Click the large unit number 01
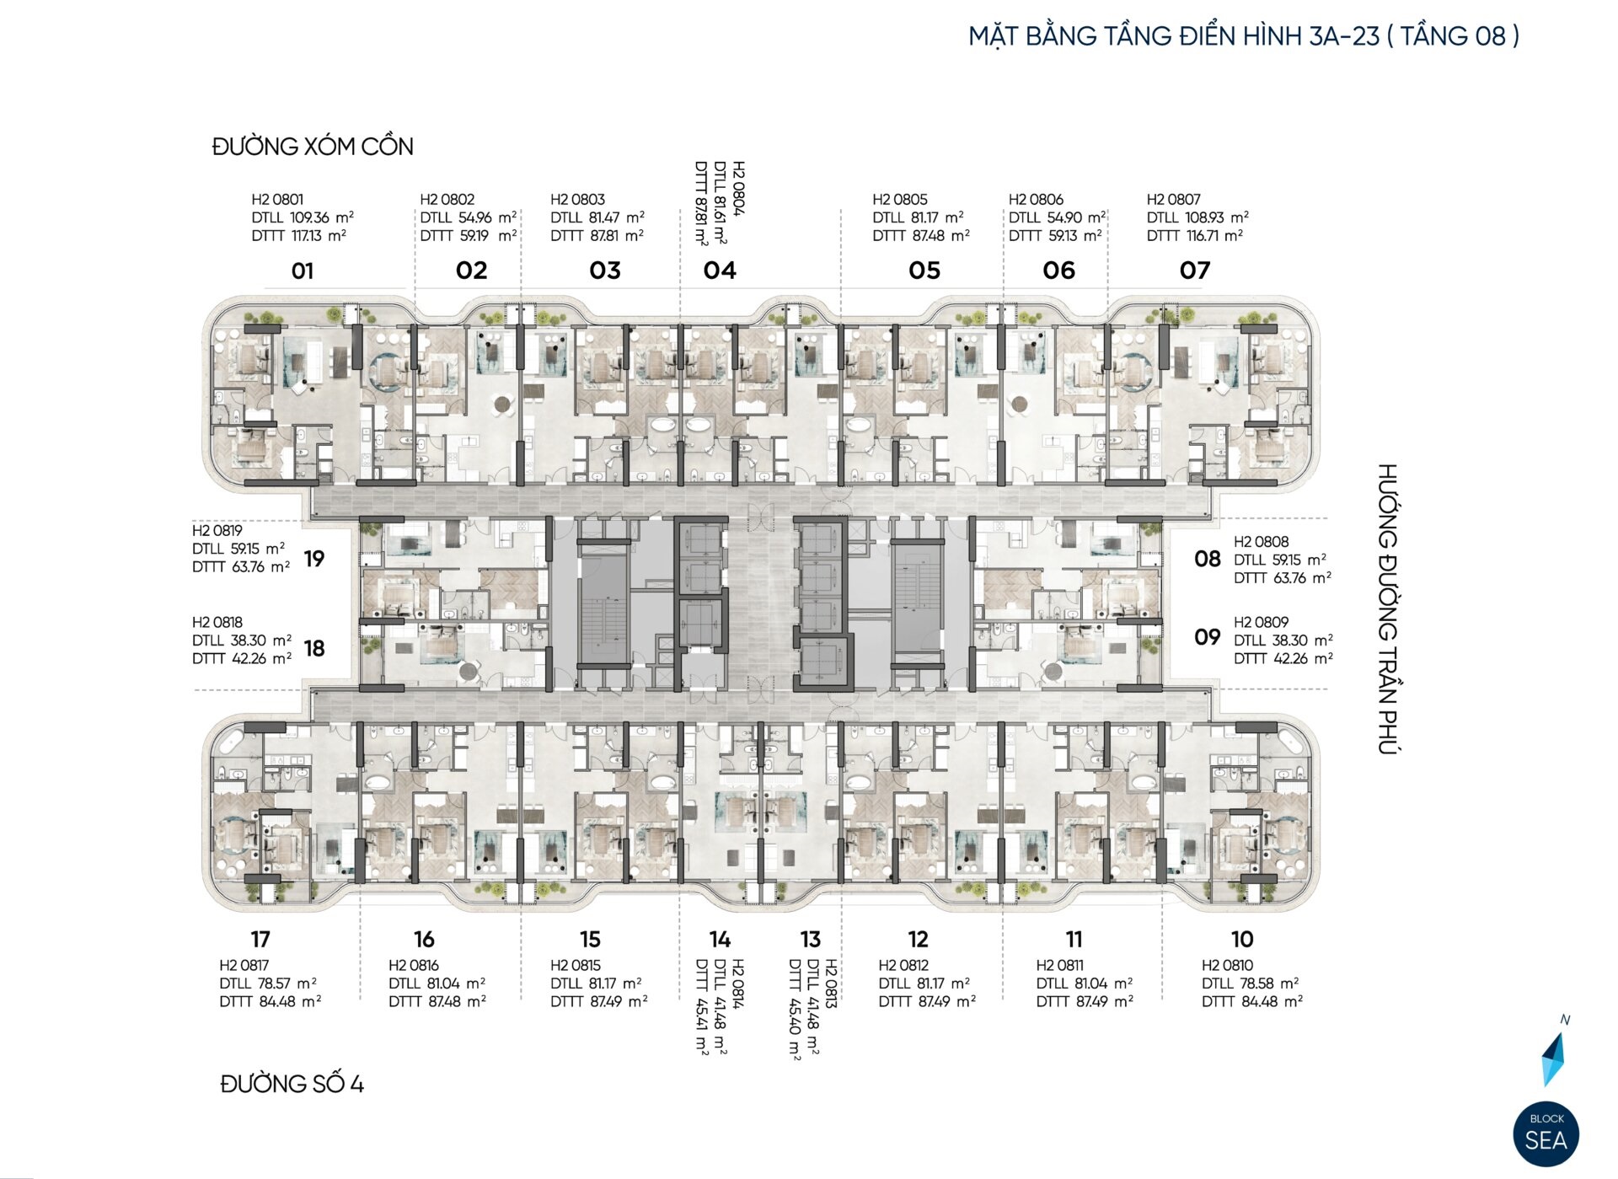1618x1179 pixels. tap(303, 271)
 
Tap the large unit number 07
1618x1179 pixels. tap(1195, 271)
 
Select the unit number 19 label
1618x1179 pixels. tap(314, 559)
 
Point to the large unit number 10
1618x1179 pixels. tap(1241, 939)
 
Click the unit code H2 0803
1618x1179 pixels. tap(577, 200)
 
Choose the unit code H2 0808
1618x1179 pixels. tap(1261, 542)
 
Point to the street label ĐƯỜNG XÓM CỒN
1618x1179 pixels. tap(313, 147)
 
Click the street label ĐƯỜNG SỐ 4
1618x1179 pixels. tap(292, 1084)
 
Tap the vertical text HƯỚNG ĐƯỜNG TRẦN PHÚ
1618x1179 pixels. tap(1387, 608)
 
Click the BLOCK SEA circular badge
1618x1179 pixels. tap(1546, 1134)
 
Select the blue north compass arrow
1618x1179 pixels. tap(1553, 1058)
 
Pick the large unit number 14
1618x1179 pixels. tap(719, 939)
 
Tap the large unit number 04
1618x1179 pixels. tap(720, 271)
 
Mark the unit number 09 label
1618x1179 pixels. tap(1207, 637)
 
